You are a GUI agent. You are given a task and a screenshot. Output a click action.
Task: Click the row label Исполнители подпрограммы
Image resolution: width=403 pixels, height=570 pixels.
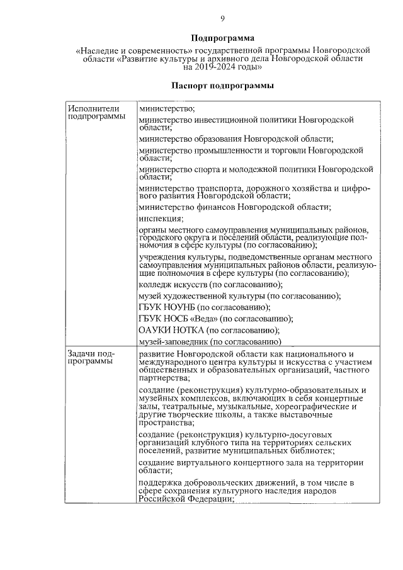tap(96, 112)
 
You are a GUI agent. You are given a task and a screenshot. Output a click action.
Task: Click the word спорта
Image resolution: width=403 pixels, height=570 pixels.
tap(212, 169)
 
